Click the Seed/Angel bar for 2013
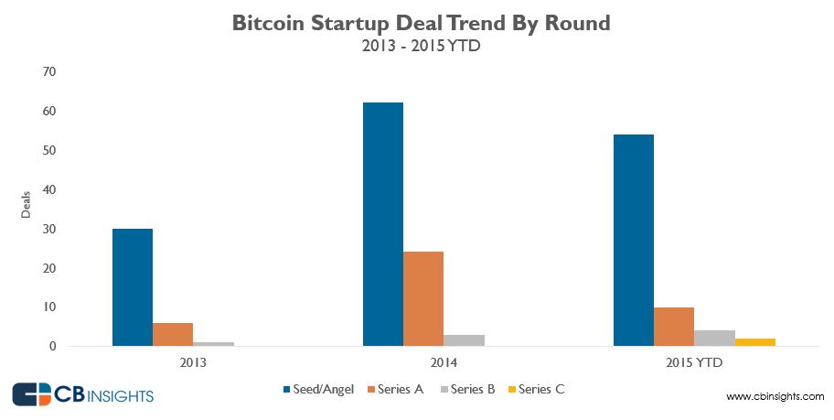pyautogui.click(x=132, y=287)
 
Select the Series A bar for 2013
pyautogui.click(x=173, y=335)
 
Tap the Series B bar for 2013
pyautogui.click(x=213, y=344)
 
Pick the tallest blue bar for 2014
pyautogui.click(x=383, y=224)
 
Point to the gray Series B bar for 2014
pyautogui.click(x=464, y=340)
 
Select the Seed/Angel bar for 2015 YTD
pyautogui.click(x=634, y=241)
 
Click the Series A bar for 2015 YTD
pyautogui.click(x=674, y=327)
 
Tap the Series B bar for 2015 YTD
pyautogui.click(x=714, y=339)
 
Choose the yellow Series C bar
pyautogui.click(x=755, y=342)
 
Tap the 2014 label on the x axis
pyautogui.click(x=423, y=362)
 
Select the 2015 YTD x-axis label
pyautogui.click(x=694, y=362)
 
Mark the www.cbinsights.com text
pyautogui.click(x=775, y=396)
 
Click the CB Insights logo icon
pyautogui.click(x=31, y=394)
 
